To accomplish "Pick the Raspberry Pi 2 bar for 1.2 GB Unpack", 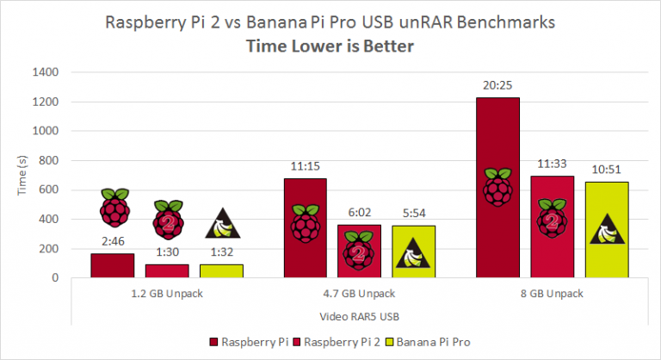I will click(167, 270).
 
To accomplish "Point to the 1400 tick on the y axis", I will click(46, 73).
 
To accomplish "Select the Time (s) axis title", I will click(22, 175).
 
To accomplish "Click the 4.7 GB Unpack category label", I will click(360, 293).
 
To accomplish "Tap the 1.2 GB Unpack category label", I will click(167, 293).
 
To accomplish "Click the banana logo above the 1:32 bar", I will click(222, 224).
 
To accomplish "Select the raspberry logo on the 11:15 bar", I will click(306, 223).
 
